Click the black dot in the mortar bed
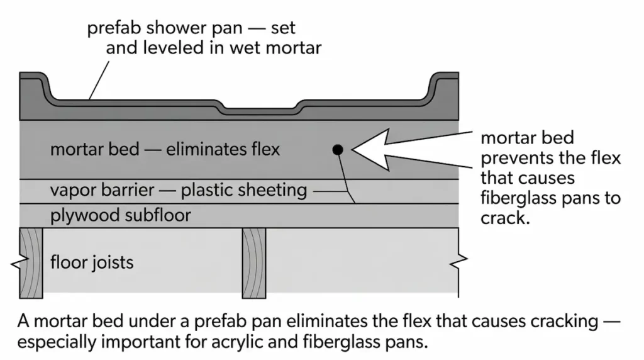coord(338,149)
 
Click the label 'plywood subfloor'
coord(120,217)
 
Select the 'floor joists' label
coord(92,261)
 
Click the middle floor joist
coord(254,261)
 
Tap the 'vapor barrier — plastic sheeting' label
coord(178,189)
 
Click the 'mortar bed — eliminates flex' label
coord(165,150)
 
